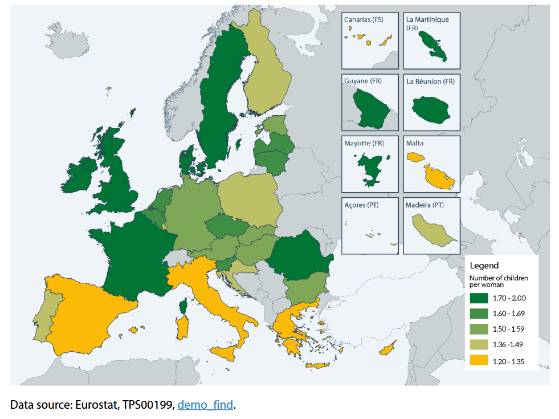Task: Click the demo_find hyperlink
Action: pos(205,405)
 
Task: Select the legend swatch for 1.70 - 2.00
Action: pos(480,298)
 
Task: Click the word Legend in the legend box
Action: pos(484,265)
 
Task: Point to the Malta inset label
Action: pos(415,143)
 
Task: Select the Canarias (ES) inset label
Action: pos(364,19)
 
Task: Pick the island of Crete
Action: pos(316,365)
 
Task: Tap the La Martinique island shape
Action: pos(432,47)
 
